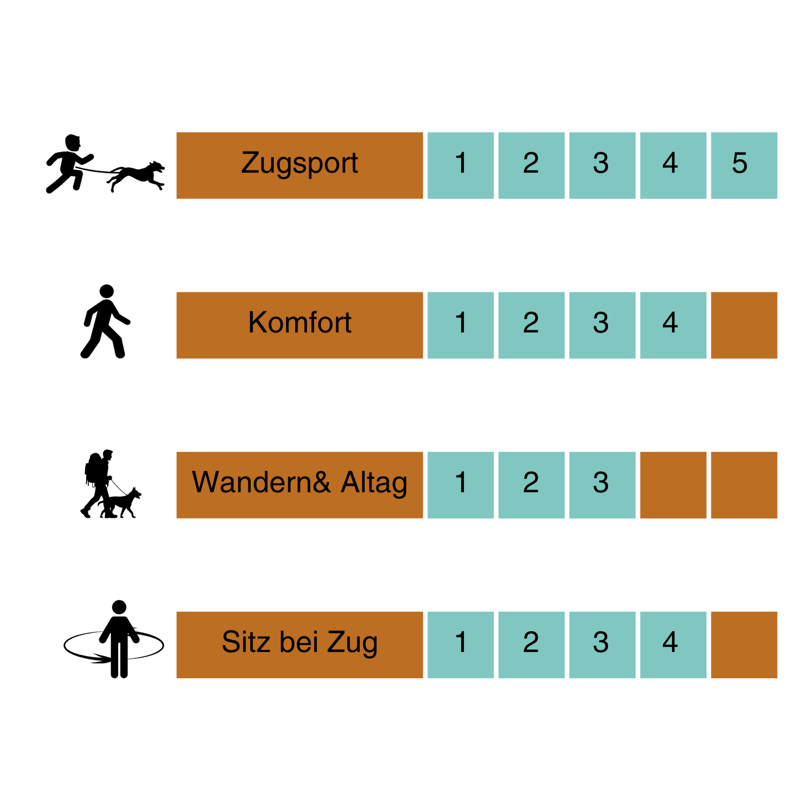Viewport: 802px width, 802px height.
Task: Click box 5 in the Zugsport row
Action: [744, 165]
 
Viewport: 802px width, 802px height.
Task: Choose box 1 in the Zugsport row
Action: [460, 165]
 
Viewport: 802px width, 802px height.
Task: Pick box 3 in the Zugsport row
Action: [602, 165]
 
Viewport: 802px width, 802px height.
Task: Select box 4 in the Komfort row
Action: [673, 325]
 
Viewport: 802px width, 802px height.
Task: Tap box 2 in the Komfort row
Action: [532, 325]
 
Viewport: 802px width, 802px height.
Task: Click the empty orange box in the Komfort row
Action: [744, 325]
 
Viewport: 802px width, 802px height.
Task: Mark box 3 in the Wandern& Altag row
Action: [602, 485]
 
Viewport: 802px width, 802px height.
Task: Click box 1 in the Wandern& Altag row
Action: [460, 485]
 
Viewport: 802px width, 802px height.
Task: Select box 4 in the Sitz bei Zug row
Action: [673, 645]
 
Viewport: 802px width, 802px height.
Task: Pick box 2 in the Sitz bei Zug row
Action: [532, 645]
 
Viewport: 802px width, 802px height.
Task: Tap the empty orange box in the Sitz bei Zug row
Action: [744, 645]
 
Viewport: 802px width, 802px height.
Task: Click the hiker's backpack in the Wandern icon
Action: [92, 468]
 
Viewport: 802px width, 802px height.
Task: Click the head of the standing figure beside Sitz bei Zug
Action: [119, 607]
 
